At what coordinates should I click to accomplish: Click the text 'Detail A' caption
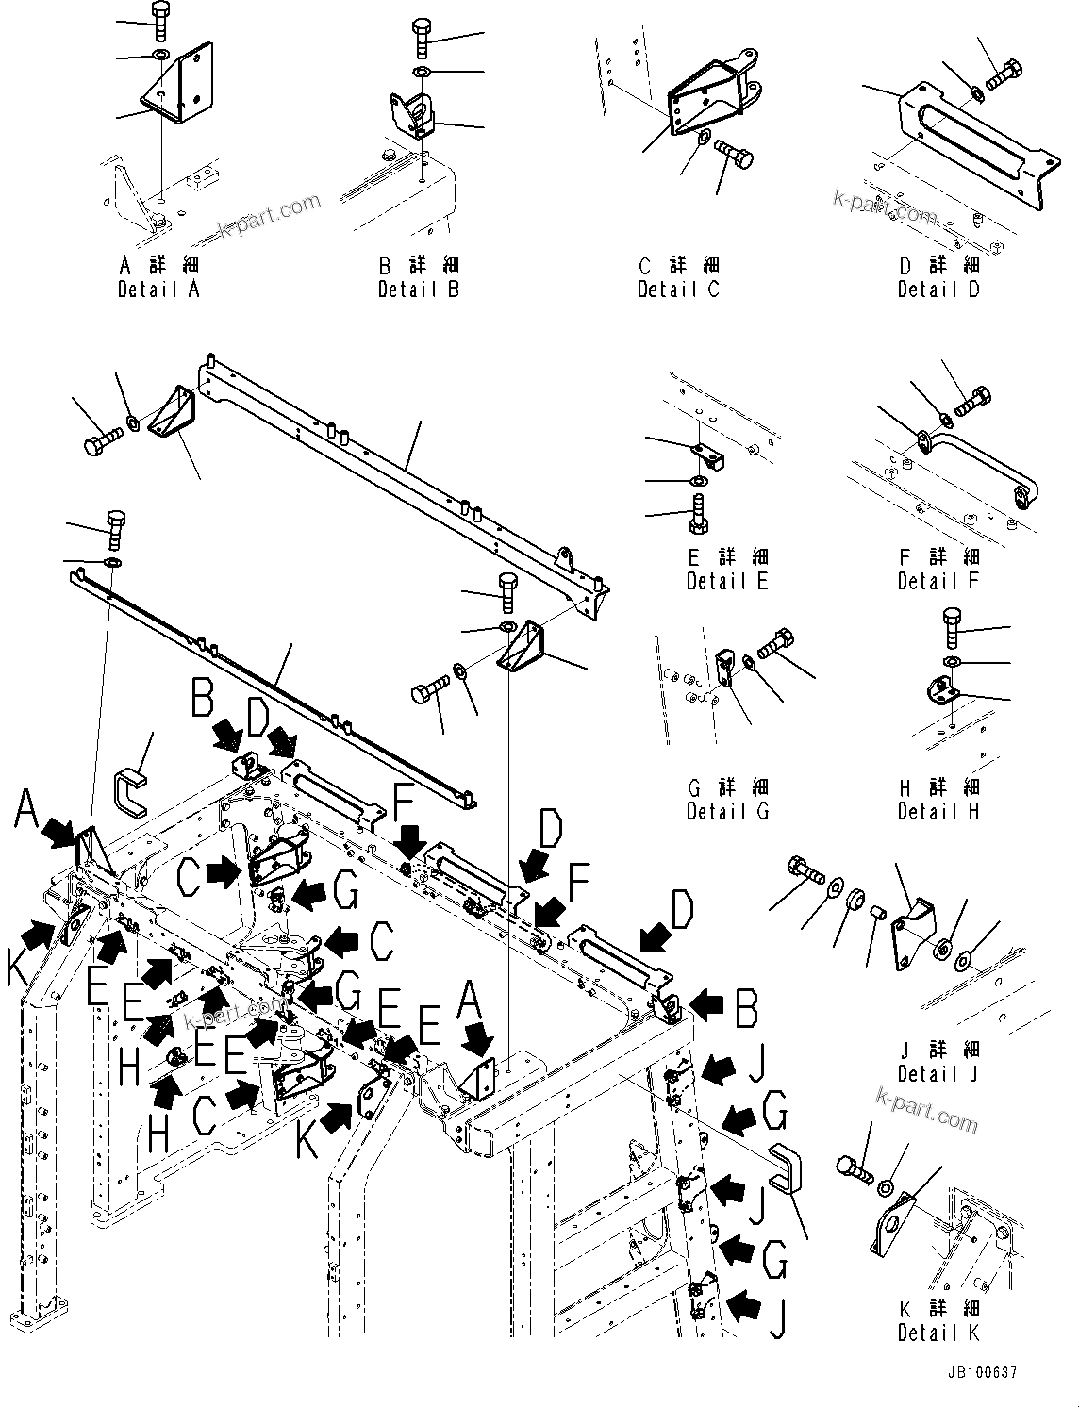(x=158, y=290)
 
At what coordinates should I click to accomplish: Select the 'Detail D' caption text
(x=938, y=290)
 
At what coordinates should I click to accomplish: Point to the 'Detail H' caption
(x=938, y=811)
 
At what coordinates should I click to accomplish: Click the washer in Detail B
(x=422, y=72)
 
